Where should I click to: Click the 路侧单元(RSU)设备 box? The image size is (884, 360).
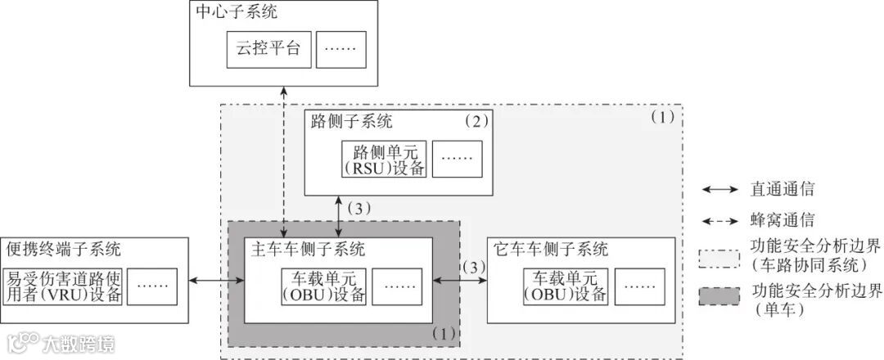(x=383, y=159)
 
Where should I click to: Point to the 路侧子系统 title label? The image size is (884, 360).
(x=352, y=122)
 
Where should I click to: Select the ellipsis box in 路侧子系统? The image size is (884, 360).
(x=457, y=159)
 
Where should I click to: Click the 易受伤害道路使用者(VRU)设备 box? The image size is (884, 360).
(x=64, y=285)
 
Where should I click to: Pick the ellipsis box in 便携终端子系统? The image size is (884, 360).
(x=153, y=285)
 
